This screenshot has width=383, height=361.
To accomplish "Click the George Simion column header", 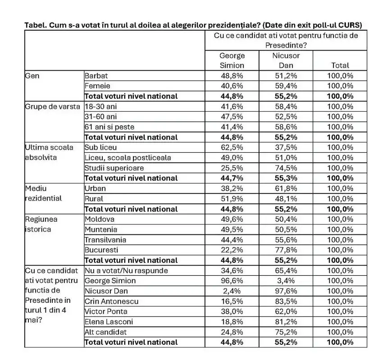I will [232, 60].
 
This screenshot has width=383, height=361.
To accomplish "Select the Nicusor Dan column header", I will [286, 60].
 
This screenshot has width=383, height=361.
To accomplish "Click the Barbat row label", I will [96, 76].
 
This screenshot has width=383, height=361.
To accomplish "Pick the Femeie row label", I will [97, 86].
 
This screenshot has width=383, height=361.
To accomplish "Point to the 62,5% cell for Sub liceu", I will [232, 147].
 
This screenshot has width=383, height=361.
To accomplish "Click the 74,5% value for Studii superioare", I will [286, 168].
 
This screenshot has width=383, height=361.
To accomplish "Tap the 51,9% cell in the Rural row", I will [232, 199].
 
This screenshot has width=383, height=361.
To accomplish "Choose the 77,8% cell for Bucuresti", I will [286, 250].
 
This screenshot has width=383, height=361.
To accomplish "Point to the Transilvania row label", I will [105, 240].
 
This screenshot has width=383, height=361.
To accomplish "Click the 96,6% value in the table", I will [232, 281].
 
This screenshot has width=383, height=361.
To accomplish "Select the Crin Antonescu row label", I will [111, 301].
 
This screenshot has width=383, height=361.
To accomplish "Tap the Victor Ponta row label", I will [106, 311].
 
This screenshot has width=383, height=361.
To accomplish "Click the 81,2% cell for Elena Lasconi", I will [286, 322].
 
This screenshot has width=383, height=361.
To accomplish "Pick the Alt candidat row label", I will [105, 332].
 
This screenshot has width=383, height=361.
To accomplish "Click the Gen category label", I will [32, 76].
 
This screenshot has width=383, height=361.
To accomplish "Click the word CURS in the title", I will [351, 25].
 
